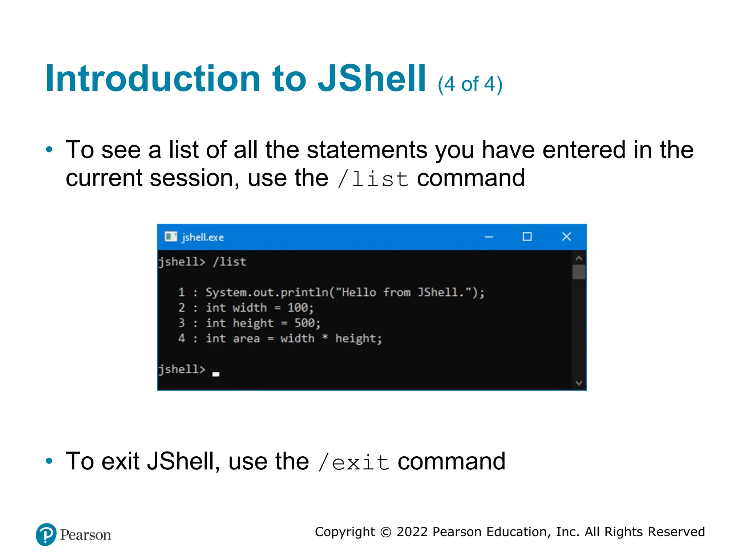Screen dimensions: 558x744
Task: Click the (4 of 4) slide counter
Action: (x=470, y=84)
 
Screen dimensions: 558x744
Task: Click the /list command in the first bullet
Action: (x=373, y=179)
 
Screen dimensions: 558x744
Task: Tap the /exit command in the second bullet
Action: (x=353, y=462)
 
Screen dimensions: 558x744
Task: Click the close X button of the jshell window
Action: (x=566, y=237)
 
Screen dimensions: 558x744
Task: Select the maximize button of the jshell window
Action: (x=527, y=237)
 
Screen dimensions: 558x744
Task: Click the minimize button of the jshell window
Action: (x=489, y=237)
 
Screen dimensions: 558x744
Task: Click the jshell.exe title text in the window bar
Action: (x=203, y=238)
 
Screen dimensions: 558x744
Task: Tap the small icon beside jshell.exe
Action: (x=171, y=237)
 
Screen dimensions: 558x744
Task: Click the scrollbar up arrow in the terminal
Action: (x=579, y=258)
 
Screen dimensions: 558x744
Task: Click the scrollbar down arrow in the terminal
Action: (x=579, y=383)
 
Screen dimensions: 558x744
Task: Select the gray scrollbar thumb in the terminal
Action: (x=579, y=272)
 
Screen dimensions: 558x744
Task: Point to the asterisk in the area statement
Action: (x=325, y=337)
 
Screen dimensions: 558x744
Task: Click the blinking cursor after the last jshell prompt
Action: (x=216, y=374)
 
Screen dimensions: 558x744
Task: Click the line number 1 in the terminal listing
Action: (x=182, y=292)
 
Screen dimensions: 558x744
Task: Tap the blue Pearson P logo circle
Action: (x=46, y=534)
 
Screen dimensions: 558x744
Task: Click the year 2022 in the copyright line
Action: (x=412, y=532)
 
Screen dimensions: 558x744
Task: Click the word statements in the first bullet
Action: (x=367, y=150)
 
